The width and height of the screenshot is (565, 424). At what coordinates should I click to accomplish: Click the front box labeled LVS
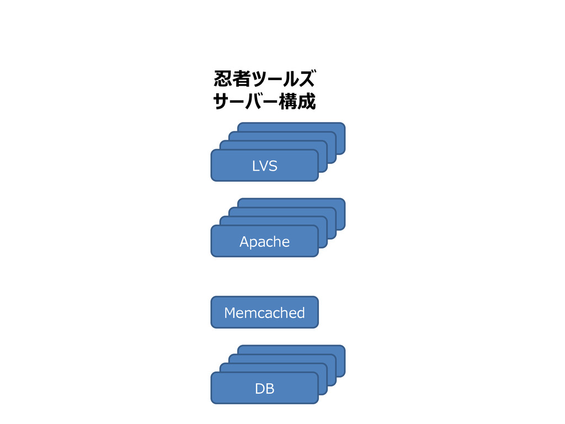(264, 166)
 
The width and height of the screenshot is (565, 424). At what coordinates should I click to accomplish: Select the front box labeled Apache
(264, 241)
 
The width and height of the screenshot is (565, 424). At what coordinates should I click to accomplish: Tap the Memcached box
(264, 312)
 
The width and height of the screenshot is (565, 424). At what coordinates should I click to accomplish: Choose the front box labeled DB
(264, 388)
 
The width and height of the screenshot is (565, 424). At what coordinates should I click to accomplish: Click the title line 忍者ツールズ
(264, 78)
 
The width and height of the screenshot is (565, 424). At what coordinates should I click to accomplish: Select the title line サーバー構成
(264, 101)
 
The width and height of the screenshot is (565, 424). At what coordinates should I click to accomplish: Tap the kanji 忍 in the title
(223, 78)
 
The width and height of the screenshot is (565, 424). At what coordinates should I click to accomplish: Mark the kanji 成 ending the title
(307, 102)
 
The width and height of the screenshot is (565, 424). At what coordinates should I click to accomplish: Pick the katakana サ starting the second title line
(222, 102)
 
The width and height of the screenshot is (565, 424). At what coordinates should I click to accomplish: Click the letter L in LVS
(255, 166)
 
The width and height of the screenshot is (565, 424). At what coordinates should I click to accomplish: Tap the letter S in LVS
(273, 166)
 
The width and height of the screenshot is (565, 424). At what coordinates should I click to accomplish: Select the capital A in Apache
(244, 241)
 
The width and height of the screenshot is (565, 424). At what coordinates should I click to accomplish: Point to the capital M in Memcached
(230, 312)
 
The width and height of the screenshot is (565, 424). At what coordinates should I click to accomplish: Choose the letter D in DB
(260, 388)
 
